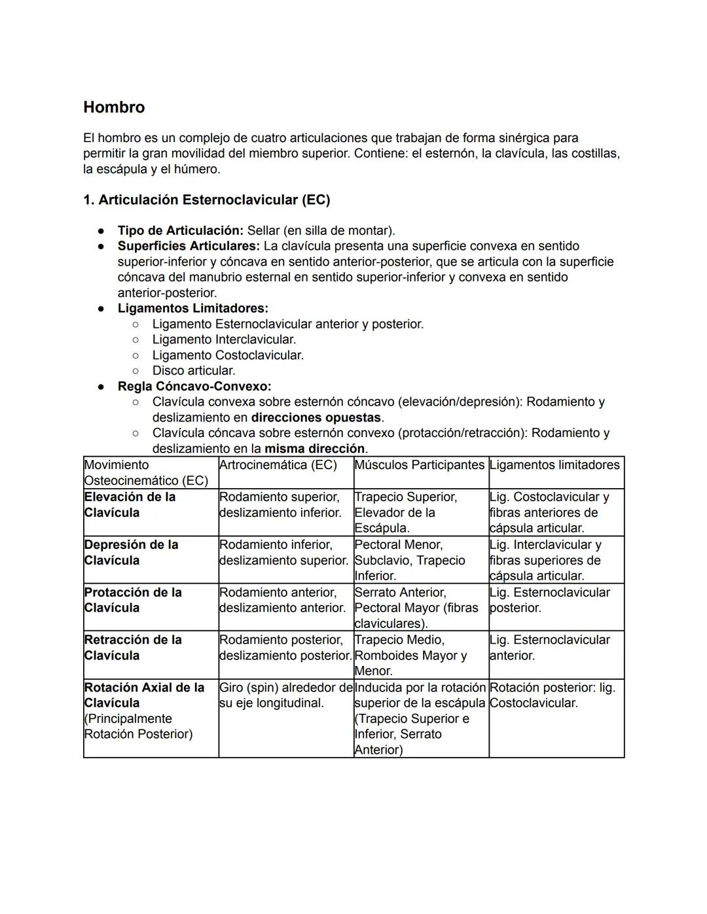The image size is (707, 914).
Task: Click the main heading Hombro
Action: pyautogui.click(x=114, y=107)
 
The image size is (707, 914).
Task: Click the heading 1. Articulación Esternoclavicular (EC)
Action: pyautogui.click(x=206, y=200)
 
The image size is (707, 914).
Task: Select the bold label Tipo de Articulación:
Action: pyautogui.click(x=180, y=231)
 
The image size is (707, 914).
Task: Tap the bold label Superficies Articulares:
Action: pyautogui.click(x=189, y=247)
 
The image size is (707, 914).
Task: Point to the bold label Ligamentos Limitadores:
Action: pyautogui.click(x=192, y=308)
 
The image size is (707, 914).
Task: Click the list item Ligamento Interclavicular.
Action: pyautogui.click(x=224, y=340)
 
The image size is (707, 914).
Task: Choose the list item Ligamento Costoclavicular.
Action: pyautogui.click(x=228, y=355)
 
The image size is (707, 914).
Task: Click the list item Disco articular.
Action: pyautogui.click(x=193, y=371)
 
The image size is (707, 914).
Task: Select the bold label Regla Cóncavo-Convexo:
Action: pyautogui.click(x=194, y=387)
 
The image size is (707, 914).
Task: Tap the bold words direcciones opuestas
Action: pyautogui.click(x=316, y=417)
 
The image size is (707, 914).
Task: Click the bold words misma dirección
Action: pyautogui.click(x=314, y=449)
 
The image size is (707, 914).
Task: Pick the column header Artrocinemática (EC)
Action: pyautogui.click(x=278, y=465)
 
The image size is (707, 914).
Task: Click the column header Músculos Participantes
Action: pyautogui.click(x=419, y=465)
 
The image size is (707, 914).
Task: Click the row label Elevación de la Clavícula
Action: pyautogui.click(x=130, y=505)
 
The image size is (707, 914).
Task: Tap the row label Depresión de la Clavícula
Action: pyautogui.click(x=131, y=553)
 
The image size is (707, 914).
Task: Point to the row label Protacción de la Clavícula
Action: pyautogui.click(x=133, y=600)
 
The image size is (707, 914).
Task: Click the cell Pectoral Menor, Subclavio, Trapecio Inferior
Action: pyautogui.click(x=410, y=560)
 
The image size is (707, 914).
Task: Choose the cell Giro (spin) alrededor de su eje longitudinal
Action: pyautogui.click(x=285, y=695)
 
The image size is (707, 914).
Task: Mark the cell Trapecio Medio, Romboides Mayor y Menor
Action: pyautogui.click(x=410, y=655)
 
